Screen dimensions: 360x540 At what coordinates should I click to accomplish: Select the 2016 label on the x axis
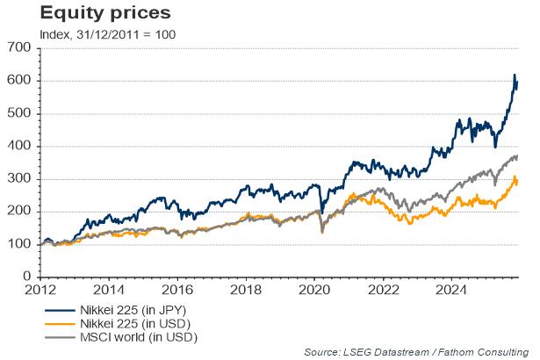click(x=177, y=289)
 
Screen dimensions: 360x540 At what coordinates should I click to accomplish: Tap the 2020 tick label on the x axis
click(x=314, y=289)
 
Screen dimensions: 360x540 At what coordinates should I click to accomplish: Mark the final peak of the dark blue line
click(x=515, y=76)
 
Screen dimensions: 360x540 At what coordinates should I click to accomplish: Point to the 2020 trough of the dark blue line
click(x=322, y=212)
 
